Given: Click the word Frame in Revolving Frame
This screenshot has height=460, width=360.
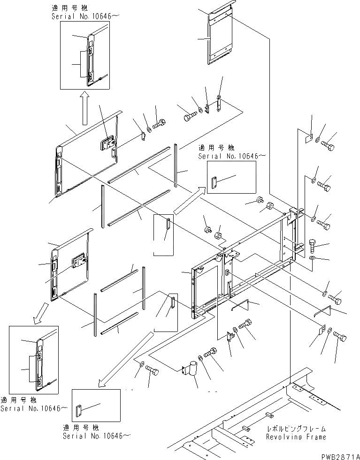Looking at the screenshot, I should [315, 437].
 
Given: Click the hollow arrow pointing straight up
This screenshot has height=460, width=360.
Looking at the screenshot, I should [84, 108].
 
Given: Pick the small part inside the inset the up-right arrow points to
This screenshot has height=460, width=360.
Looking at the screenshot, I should [214, 182].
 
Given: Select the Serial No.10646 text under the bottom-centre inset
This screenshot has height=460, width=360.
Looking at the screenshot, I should [97, 436].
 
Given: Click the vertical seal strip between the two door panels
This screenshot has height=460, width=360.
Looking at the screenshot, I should [102, 206].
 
